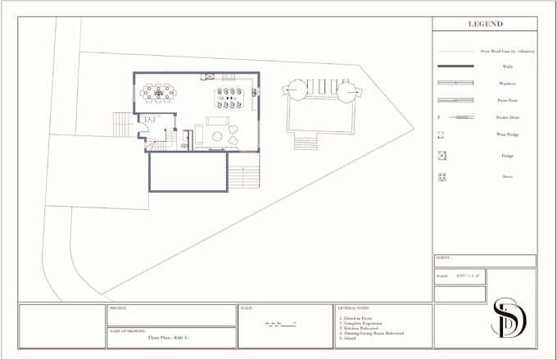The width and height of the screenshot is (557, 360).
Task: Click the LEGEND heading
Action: click(485, 25)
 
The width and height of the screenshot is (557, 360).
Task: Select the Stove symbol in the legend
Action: click(442, 176)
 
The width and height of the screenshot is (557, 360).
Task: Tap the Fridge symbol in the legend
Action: click(442, 155)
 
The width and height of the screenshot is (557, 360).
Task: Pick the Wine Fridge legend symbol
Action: click(441, 135)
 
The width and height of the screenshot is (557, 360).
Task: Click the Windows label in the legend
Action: click(508, 84)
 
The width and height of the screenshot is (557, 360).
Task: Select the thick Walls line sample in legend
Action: click(455, 66)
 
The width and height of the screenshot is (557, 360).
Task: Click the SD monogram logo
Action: click(509, 317)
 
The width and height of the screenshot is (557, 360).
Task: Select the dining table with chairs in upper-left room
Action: click(158, 93)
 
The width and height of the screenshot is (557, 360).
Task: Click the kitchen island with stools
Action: click(229, 98)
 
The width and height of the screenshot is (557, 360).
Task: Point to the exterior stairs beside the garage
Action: click(243, 176)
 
